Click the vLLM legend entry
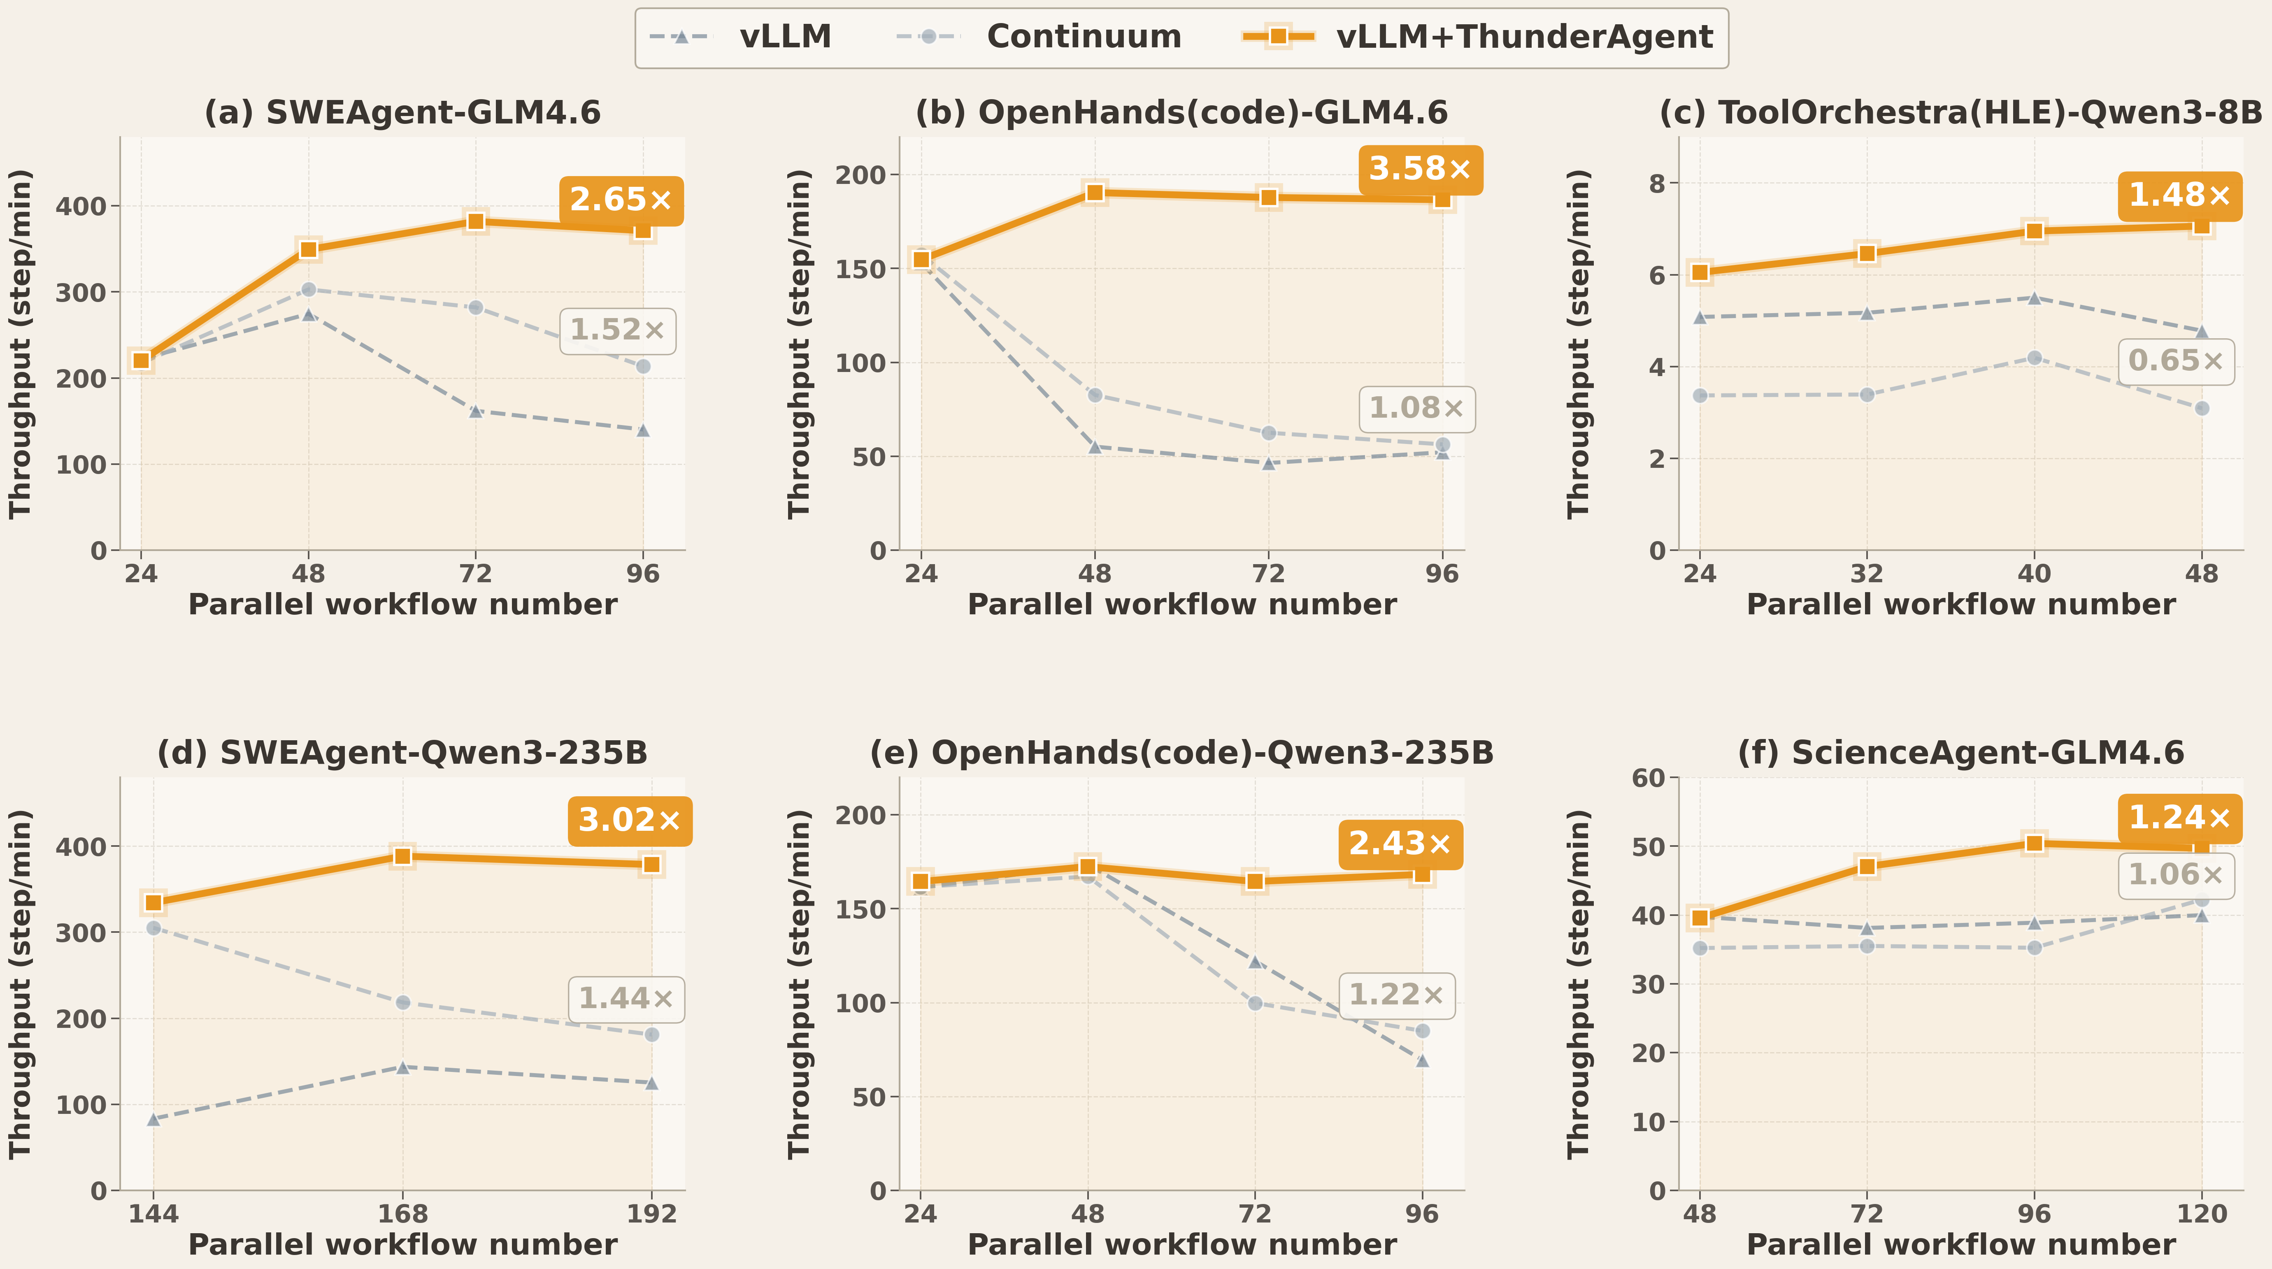click(741, 37)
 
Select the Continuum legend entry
click(1039, 37)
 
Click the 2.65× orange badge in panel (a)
click(621, 200)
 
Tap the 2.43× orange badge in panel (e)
click(1400, 844)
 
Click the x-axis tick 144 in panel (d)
click(153, 1214)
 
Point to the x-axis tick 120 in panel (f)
click(2202, 1214)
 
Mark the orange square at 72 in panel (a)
click(475, 221)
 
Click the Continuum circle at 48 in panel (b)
click(1095, 395)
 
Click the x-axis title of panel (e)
click(1182, 1244)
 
